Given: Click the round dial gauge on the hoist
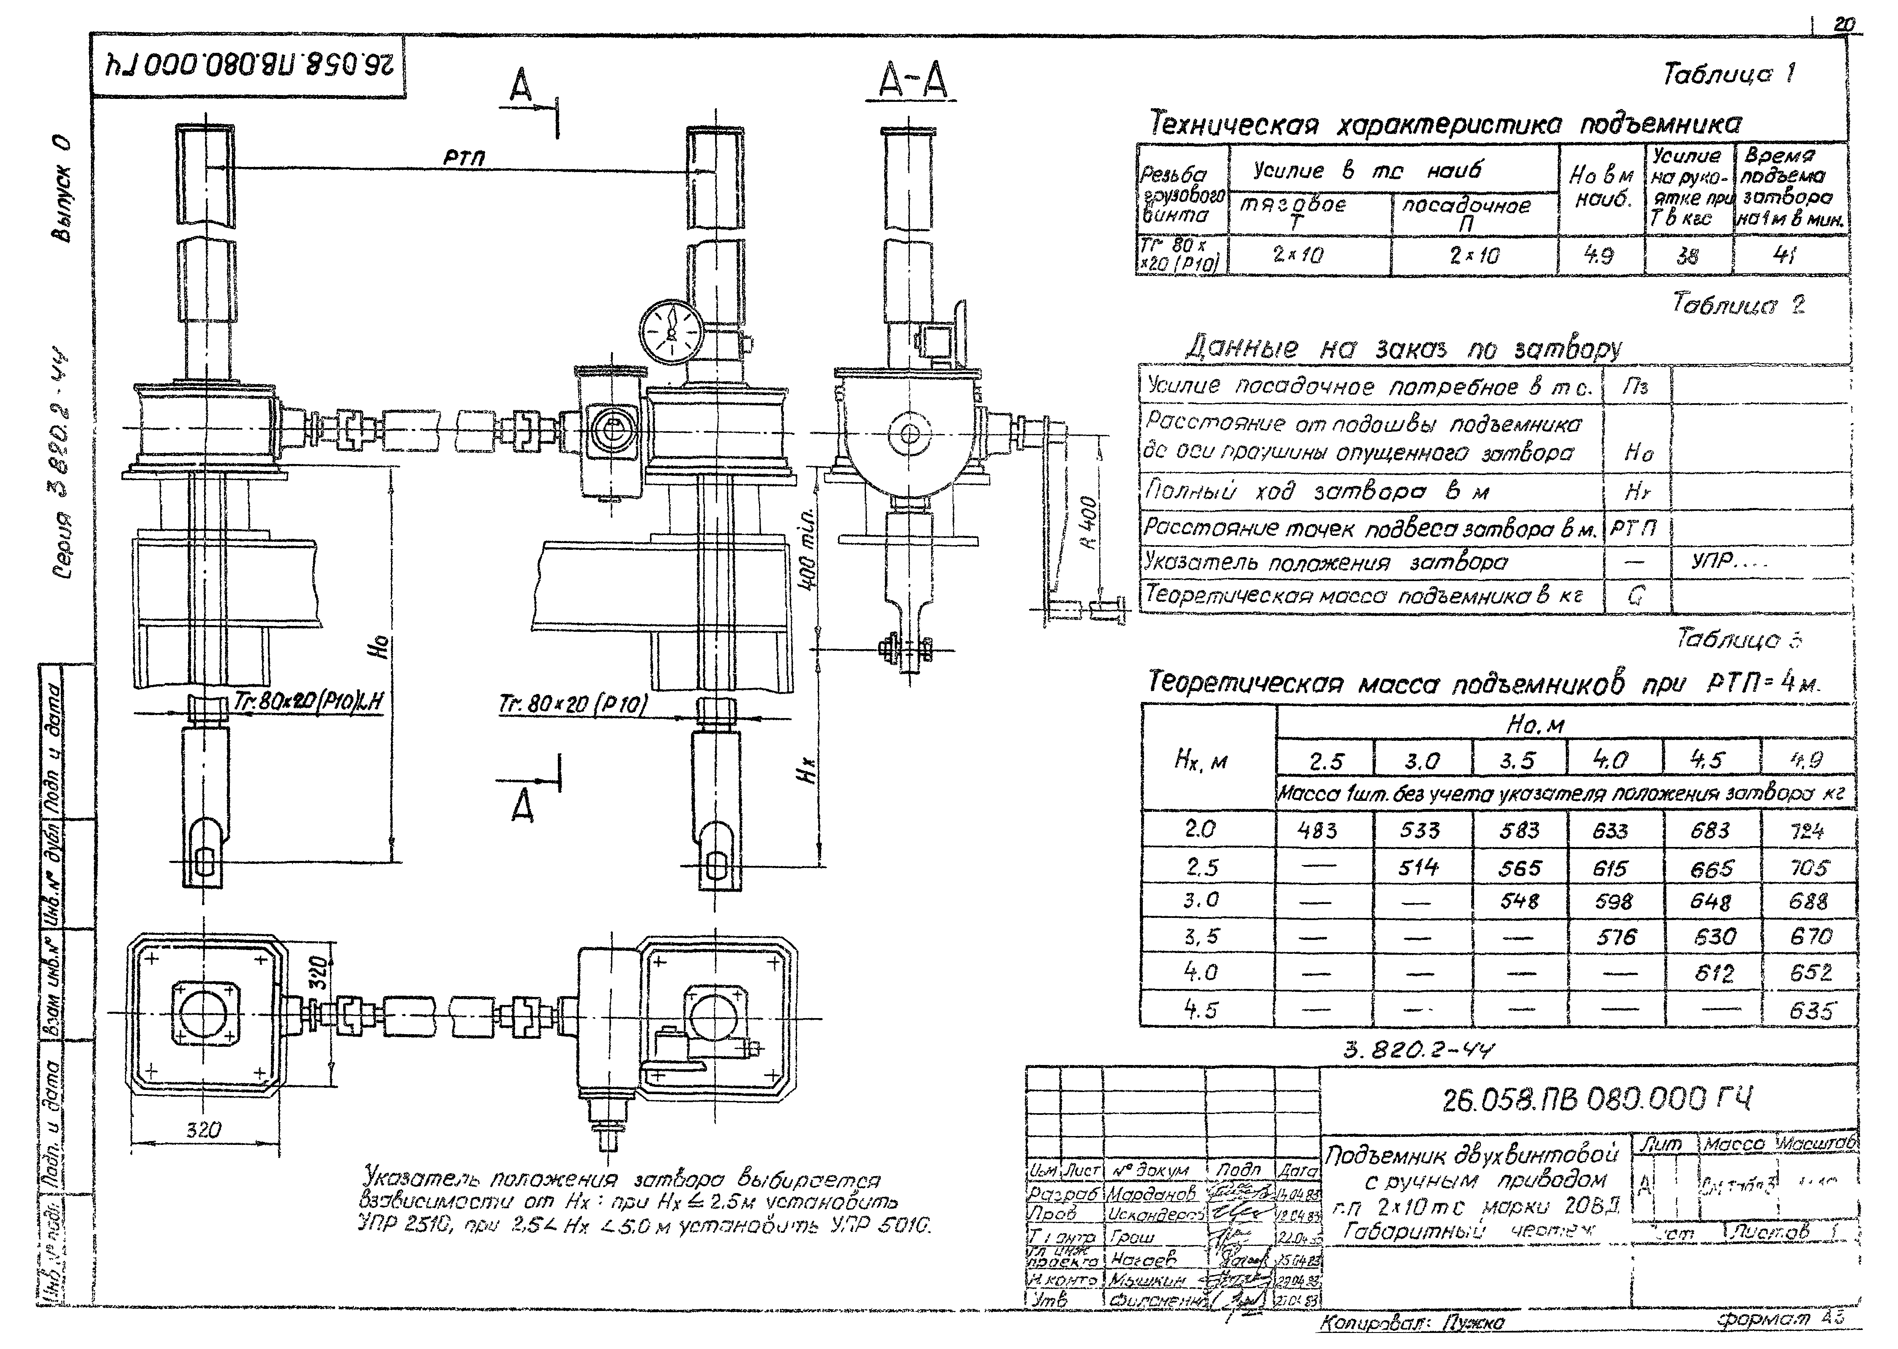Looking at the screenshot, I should coord(671,330).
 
